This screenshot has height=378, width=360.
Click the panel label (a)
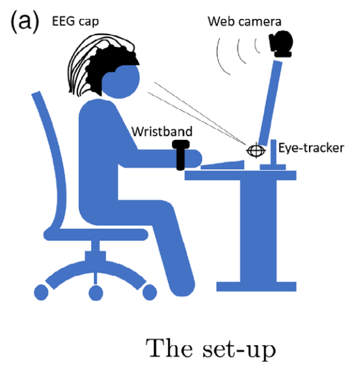tap(25, 21)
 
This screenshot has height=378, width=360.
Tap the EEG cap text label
tap(76, 21)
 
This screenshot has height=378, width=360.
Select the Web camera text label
tap(244, 21)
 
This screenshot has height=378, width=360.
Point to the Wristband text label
tap(162, 132)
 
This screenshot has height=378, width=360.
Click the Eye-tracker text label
tap(311, 148)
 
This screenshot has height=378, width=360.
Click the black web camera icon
tap(281, 44)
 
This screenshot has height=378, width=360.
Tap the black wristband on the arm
tap(181, 155)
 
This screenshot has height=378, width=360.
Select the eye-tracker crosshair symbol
tap(256, 151)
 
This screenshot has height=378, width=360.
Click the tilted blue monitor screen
tap(270, 103)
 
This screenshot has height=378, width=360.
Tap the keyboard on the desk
tap(223, 165)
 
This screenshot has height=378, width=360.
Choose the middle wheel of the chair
tap(96, 293)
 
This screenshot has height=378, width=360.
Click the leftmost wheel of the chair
tap(41, 292)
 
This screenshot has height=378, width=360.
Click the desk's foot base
tap(256, 287)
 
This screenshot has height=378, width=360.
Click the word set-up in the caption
tap(239, 350)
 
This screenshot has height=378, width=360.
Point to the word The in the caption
tap(169, 348)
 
